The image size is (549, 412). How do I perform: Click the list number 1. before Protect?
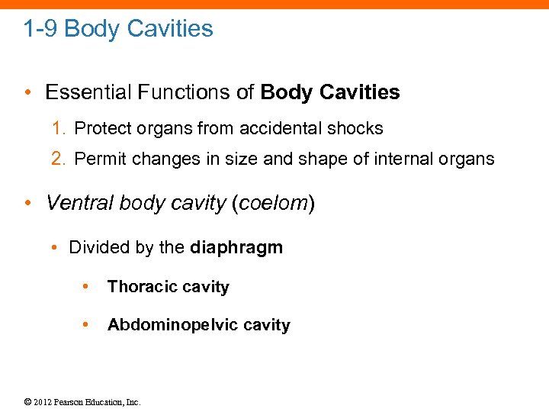click(58, 128)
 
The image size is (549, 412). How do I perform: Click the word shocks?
click(358, 128)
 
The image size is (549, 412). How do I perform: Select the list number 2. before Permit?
click(58, 159)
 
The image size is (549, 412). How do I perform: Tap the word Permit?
click(98, 159)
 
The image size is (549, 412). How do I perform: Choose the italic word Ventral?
click(77, 203)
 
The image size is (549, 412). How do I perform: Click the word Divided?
click(97, 247)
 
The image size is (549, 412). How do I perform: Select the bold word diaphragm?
click(236, 248)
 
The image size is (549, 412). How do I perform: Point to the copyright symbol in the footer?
click(28, 402)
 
